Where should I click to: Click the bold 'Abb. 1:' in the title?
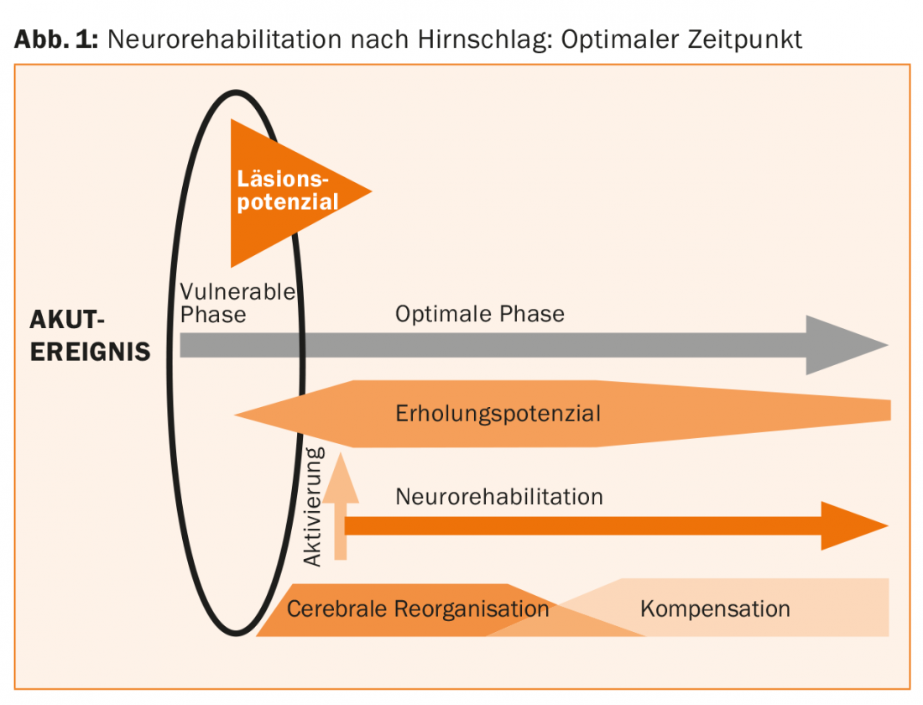(x=56, y=39)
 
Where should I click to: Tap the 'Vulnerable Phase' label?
(x=237, y=303)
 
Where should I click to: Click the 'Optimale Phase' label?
(x=479, y=314)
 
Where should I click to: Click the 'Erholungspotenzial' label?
(x=498, y=413)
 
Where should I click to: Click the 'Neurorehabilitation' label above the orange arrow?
(x=498, y=496)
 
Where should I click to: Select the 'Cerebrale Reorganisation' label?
(x=417, y=608)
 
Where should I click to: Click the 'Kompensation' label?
(x=714, y=608)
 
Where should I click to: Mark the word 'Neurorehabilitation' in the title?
(x=221, y=39)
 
